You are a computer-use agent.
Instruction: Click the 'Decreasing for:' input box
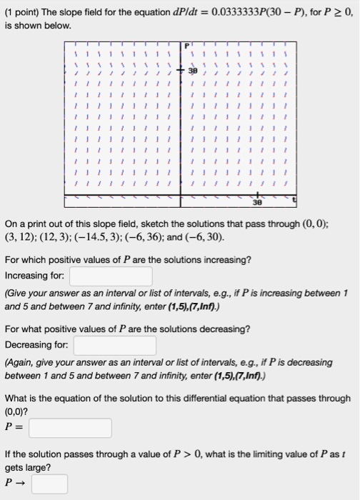pos(115,346)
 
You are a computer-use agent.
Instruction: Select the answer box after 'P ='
pos(70,428)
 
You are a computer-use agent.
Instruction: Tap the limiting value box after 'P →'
pos(49,484)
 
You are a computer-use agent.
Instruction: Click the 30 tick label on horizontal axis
pos(255,202)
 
